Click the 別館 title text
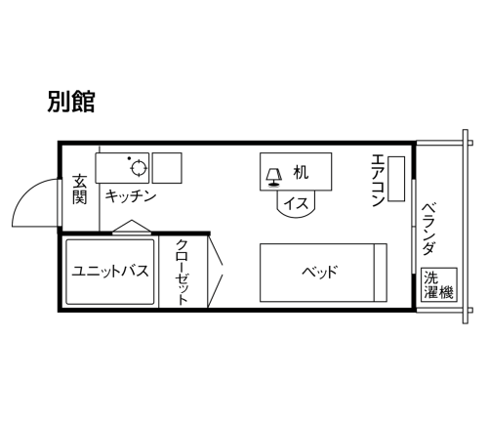coord(71,102)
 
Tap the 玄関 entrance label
coord(80,190)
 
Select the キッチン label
coord(131,196)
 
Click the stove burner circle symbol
coord(140,168)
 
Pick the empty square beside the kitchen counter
coord(167,168)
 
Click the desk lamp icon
coord(273,178)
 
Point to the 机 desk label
coord(301,172)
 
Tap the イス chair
coord(296,204)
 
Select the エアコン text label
coord(378,180)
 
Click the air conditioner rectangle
coord(396,179)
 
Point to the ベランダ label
coord(428,229)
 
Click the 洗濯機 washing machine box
coord(439,284)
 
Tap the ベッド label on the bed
coord(319,272)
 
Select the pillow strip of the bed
coord(381,273)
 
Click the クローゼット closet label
coord(183,273)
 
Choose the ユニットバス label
coord(110,271)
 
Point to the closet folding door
coord(216,271)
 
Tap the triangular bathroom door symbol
coord(132,227)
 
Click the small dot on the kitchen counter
coord(129,158)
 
